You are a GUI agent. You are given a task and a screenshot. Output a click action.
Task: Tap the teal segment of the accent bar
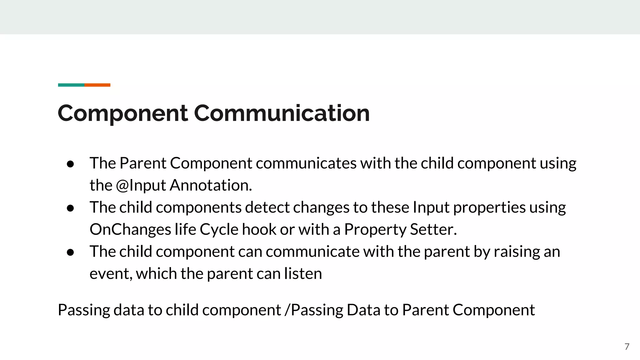[71, 85]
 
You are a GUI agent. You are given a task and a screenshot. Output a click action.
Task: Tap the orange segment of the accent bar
[97, 85]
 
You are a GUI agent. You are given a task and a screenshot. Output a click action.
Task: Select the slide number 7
[627, 347]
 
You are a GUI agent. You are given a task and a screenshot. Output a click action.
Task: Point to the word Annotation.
[211, 185]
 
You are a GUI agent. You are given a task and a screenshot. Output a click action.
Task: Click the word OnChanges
[130, 229]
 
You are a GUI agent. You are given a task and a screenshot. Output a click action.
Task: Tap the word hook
[259, 229]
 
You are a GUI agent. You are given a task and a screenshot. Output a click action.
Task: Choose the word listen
[303, 274]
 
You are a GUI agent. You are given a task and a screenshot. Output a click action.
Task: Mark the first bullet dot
[70, 164]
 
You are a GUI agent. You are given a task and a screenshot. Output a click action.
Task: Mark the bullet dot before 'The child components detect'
[70, 208]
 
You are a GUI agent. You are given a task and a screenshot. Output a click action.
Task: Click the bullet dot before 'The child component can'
[70, 252]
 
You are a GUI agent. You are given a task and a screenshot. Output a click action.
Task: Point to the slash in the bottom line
[287, 310]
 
